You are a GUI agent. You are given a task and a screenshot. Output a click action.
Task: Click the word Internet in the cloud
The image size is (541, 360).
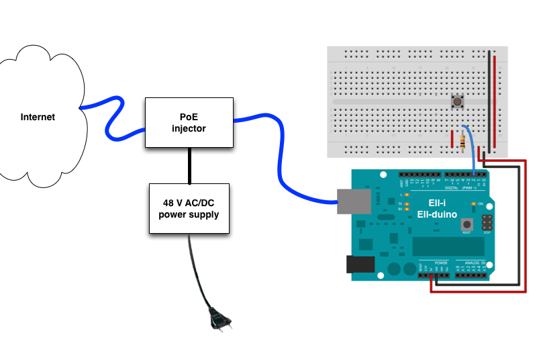(38, 117)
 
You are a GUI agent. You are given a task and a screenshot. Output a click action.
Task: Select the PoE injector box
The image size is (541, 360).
(189, 122)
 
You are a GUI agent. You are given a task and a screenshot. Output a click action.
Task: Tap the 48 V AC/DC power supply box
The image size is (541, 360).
(189, 208)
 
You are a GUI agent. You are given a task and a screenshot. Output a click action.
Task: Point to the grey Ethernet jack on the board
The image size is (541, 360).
(352, 201)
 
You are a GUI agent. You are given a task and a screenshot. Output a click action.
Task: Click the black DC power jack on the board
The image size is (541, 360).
(360, 264)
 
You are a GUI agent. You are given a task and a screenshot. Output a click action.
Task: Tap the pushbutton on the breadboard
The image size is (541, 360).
(458, 103)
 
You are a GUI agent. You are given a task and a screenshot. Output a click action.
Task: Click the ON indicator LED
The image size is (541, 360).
(474, 203)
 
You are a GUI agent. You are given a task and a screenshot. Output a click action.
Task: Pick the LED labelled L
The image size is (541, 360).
(407, 194)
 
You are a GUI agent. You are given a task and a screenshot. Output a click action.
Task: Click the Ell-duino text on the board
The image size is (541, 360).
(442, 214)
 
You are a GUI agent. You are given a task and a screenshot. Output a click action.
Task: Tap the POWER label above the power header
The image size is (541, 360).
(441, 263)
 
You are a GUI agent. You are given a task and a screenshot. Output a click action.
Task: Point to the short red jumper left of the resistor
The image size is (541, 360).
(451, 137)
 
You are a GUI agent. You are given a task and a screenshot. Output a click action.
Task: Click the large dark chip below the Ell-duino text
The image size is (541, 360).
(448, 246)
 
